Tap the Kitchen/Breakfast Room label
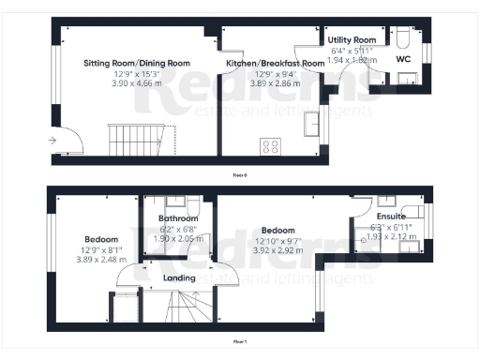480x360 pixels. [x=275, y=63]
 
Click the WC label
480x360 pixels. [x=404, y=59]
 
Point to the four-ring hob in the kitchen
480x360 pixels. [x=270, y=146]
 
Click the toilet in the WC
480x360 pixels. [x=403, y=37]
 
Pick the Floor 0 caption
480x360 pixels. [x=240, y=174]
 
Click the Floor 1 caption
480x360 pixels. [x=240, y=342]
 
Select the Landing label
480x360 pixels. [x=179, y=277]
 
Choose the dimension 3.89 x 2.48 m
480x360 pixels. [x=100, y=259]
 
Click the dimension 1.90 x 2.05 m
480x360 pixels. [x=172, y=239]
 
